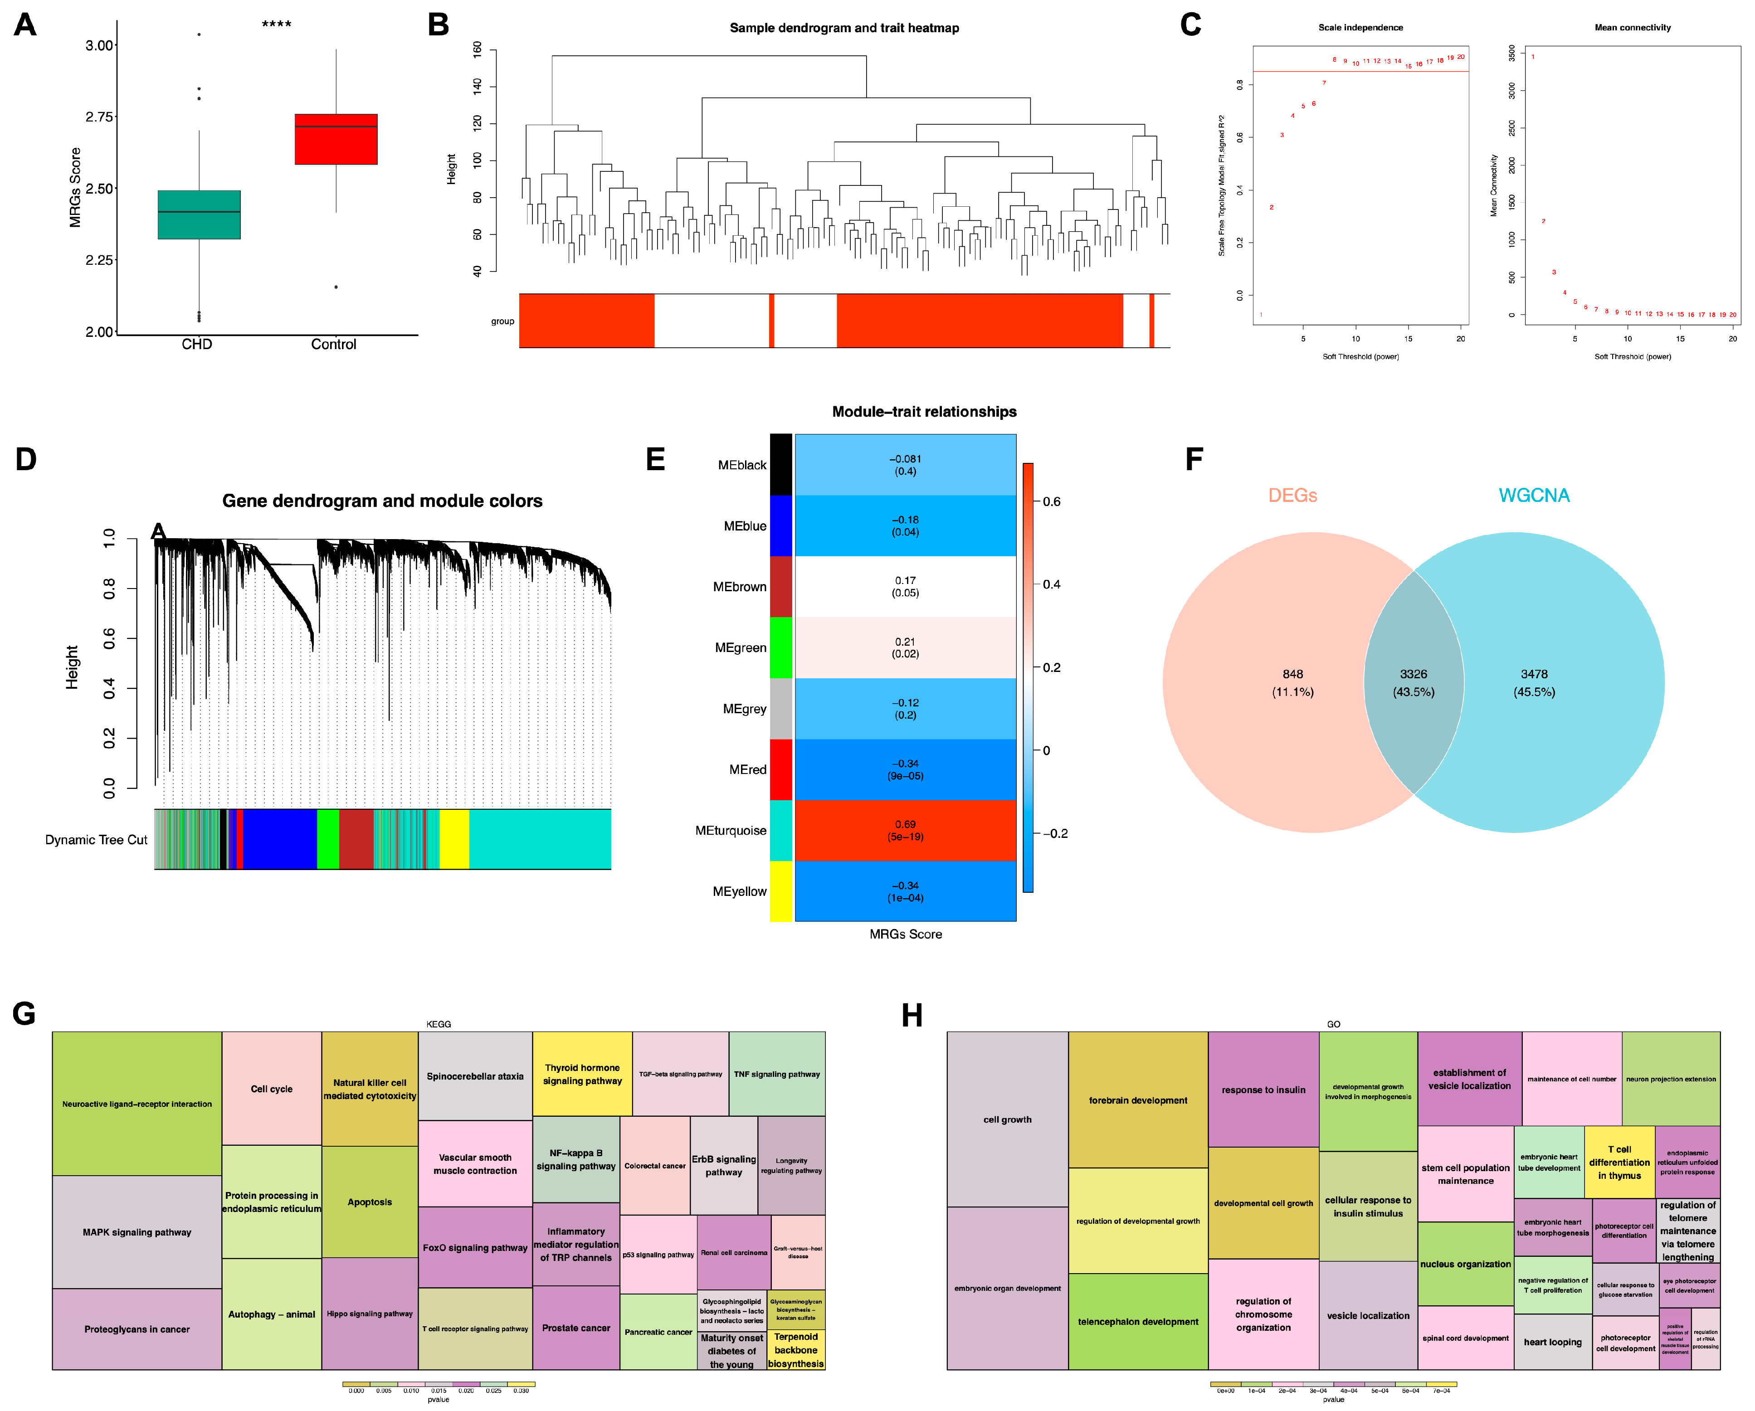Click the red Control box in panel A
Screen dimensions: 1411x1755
pyautogui.click(x=336, y=139)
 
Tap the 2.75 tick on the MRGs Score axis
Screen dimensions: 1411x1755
pyautogui.click(x=99, y=117)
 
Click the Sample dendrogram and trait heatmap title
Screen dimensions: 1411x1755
pyautogui.click(x=843, y=28)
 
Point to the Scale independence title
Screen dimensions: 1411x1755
pyautogui.click(x=1360, y=28)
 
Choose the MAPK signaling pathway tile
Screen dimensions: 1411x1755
pyautogui.click(x=137, y=1232)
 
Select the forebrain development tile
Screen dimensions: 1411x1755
pyautogui.click(x=1137, y=1100)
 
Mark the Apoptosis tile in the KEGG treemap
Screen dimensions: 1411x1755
pyautogui.click(x=370, y=1202)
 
